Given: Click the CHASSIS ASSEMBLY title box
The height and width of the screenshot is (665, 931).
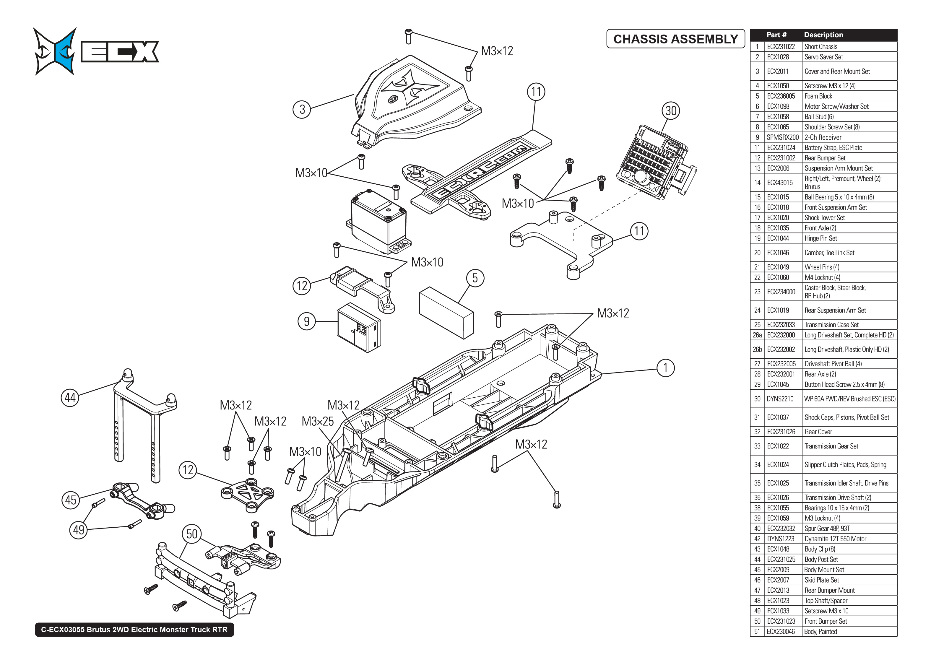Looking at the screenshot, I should [675, 39].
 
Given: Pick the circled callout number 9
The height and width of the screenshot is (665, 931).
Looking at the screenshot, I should [307, 321].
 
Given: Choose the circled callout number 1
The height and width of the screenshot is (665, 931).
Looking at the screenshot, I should [665, 368].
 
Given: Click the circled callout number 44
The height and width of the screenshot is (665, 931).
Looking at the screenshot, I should [70, 398].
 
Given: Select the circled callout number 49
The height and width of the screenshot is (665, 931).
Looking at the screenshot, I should [78, 530].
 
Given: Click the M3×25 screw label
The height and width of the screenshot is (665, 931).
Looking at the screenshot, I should [318, 421].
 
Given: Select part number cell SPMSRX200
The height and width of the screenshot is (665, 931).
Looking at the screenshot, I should [782, 137].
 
